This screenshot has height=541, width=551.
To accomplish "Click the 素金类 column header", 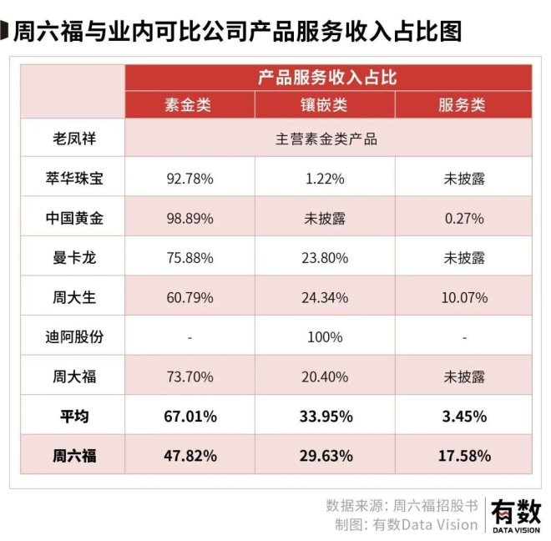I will tap(190, 106).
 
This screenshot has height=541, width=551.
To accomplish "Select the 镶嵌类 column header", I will tap(325, 106).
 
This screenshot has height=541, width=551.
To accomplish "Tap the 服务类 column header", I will tap(461, 106).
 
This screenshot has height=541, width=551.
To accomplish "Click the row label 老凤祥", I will tap(74, 139).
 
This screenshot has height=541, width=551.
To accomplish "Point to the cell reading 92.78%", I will tap(190, 179).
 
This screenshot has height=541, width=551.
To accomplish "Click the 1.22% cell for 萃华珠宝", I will tap(325, 179).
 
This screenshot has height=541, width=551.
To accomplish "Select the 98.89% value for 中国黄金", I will tap(190, 218).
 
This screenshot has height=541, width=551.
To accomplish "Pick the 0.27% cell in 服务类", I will tap(461, 218).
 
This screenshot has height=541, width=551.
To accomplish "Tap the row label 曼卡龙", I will tap(74, 257).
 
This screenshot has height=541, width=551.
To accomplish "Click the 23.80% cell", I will tap(325, 257).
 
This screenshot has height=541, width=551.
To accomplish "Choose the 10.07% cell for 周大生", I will tap(461, 297).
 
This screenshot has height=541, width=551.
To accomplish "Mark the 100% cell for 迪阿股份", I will tap(325, 336).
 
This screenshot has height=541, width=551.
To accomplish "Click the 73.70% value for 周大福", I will tap(190, 377).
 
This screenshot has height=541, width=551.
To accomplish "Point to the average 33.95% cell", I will tap(325, 416).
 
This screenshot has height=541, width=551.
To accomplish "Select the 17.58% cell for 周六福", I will tap(461, 455).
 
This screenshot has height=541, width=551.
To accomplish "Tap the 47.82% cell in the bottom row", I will tap(190, 455).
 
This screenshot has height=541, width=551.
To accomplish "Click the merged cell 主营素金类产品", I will tap(326, 139).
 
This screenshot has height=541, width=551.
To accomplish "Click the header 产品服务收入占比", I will tap(326, 78).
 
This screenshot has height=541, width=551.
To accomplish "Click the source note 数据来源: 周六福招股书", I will tap(402, 505).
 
